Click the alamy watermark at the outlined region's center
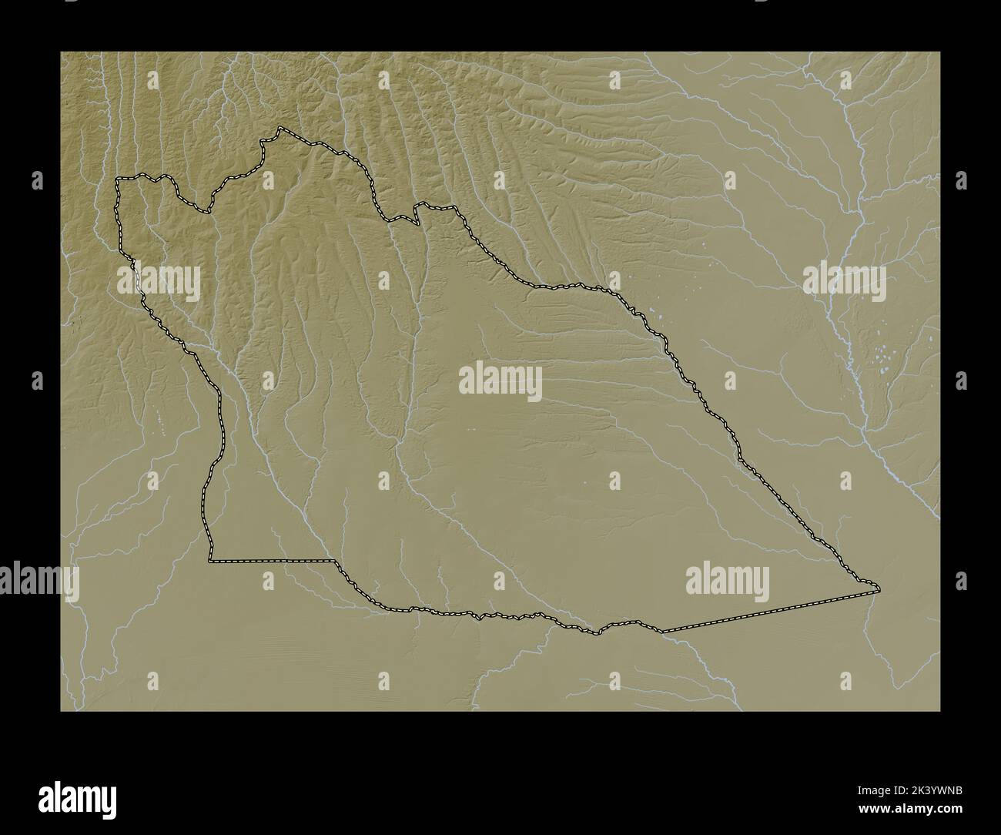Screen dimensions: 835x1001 (500, 381)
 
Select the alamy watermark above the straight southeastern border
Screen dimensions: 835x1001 (727, 582)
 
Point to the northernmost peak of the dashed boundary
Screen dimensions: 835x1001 (280, 128)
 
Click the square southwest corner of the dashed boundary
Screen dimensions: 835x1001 (209, 562)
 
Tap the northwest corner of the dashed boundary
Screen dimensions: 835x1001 (117, 179)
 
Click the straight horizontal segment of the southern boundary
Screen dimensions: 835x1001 (269, 562)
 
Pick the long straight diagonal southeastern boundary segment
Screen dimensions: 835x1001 (770, 612)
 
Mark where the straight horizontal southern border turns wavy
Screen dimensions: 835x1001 (333, 562)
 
